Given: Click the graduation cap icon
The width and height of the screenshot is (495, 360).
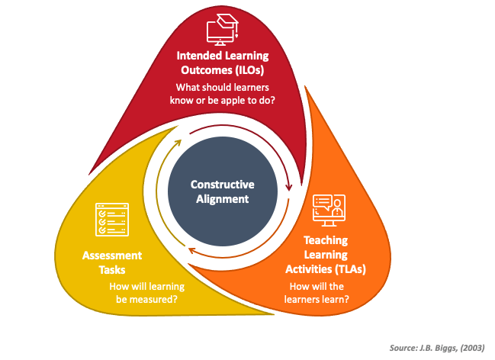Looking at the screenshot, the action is pyautogui.click(x=222, y=30).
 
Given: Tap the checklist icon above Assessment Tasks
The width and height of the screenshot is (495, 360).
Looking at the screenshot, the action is pyautogui.click(x=112, y=220).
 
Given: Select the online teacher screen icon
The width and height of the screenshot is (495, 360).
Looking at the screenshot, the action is pyautogui.click(x=329, y=211).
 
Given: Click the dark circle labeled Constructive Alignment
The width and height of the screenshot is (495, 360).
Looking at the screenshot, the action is pyautogui.click(x=223, y=191).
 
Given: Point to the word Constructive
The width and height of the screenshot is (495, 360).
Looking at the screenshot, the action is pyautogui.click(x=222, y=185).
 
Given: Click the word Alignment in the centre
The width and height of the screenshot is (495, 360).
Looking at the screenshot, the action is pyautogui.click(x=222, y=199).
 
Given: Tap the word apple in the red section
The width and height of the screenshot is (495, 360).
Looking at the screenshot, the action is pyautogui.click(x=233, y=101).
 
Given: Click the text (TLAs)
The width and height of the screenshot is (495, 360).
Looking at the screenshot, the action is pyautogui.click(x=350, y=269).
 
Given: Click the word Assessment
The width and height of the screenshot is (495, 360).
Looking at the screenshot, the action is pyautogui.click(x=112, y=256).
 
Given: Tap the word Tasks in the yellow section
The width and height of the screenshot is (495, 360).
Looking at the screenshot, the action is pyautogui.click(x=112, y=270).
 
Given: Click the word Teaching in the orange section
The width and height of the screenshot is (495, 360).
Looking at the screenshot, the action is pyautogui.click(x=326, y=240).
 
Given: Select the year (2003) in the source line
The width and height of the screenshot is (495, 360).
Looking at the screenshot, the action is pyautogui.click(x=472, y=348).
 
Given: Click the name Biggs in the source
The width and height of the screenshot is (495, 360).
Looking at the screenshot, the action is pyautogui.click(x=447, y=348).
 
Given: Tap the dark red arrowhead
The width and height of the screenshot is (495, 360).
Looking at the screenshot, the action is pyautogui.click(x=288, y=187).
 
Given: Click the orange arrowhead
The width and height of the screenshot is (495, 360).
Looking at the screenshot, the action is pyautogui.click(x=191, y=251).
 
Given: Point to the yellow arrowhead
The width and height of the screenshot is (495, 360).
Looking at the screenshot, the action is pyautogui.click(x=178, y=143).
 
